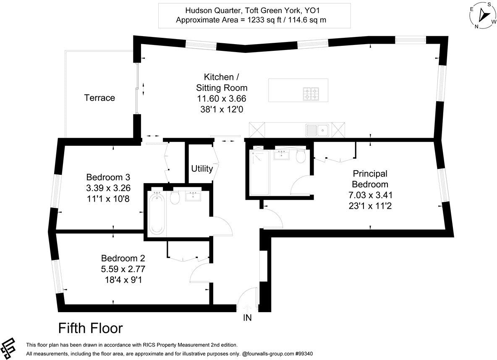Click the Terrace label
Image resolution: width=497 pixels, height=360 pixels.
point(99,98)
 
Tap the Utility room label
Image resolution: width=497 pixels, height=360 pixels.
point(202,169)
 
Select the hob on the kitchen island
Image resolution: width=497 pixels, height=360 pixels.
point(311,94)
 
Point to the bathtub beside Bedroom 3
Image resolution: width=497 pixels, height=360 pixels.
point(157,213)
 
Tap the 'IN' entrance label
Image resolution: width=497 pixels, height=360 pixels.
point(247,318)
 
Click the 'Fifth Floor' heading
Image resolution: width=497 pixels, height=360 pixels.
point(90,328)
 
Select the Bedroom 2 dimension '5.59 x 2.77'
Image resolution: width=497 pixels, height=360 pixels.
point(123,268)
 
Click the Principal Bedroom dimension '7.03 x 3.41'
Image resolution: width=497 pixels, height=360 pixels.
point(370,195)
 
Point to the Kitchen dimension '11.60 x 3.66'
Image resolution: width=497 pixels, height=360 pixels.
point(222,99)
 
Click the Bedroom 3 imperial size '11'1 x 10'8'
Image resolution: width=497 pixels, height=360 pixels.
point(107,198)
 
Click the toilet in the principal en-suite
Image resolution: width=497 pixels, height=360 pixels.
point(301,157)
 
